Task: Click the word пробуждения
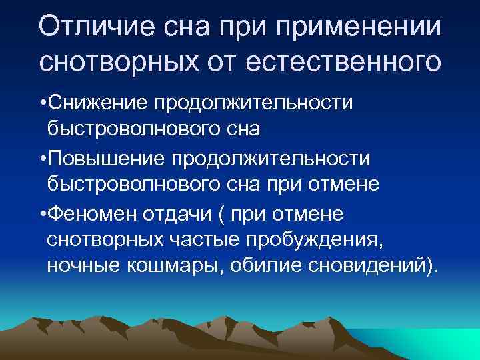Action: tap(331, 240)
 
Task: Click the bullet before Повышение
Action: tap(43, 159)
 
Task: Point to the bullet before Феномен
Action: tap(43, 214)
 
